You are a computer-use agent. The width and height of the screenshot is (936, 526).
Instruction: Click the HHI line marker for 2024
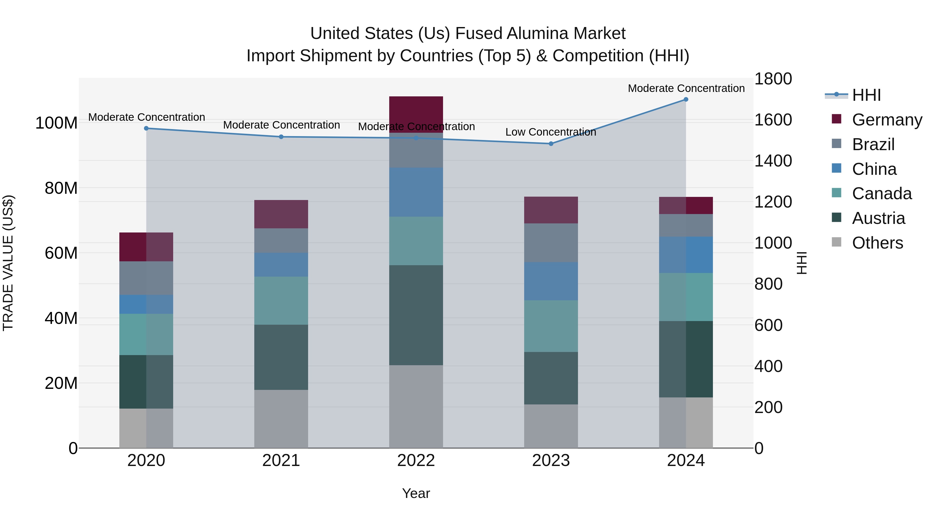[686, 99]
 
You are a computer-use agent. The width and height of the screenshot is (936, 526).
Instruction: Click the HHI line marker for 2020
[146, 128]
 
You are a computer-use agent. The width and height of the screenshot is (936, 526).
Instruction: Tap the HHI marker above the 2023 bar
[551, 144]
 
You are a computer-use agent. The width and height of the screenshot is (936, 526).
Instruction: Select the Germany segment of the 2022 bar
[416, 114]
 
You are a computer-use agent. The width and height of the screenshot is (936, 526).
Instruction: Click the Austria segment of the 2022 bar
[416, 315]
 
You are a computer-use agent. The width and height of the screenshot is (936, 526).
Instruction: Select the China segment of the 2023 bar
[551, 281]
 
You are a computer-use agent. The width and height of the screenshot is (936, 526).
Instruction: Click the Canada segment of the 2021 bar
[281, 301]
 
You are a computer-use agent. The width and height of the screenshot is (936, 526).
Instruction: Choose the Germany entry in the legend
[887, 120]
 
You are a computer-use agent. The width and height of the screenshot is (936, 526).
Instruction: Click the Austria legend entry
[878, 218]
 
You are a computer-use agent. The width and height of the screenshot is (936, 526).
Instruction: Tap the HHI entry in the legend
[866, 95]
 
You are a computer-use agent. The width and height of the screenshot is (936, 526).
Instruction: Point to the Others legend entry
[877, 243]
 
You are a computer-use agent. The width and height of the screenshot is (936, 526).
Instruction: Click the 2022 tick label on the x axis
[416, 461]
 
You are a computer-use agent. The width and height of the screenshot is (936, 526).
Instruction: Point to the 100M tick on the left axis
[56, 123]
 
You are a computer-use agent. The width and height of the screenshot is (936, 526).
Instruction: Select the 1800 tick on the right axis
[773, 79]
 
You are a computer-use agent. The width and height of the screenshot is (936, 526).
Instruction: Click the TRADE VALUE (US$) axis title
[8, 263]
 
